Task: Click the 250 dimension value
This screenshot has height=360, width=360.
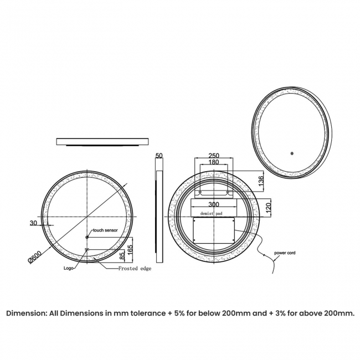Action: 213,156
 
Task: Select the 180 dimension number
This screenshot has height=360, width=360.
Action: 213,162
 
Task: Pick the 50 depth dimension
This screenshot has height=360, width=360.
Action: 160,156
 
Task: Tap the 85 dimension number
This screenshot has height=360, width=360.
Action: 121,255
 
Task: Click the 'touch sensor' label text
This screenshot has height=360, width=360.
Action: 106,229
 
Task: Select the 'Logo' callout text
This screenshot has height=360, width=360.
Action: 69,269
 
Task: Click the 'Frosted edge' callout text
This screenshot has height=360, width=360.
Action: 135,269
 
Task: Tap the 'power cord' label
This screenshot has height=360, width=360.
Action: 285,253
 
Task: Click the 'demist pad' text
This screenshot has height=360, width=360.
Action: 213,213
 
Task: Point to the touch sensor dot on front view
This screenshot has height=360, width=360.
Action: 87,238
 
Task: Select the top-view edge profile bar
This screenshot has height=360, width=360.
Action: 102,142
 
